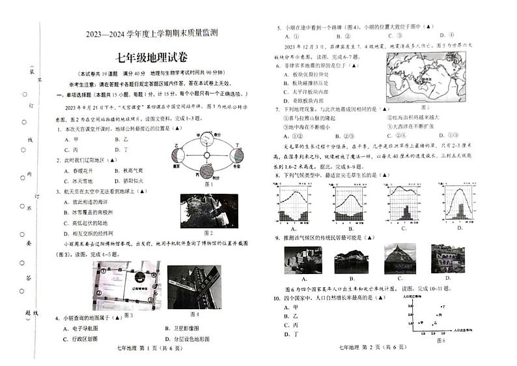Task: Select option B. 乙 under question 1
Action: coord(122,139)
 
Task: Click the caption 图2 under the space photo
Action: coord(208,232)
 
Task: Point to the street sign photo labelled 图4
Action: coord(194,286)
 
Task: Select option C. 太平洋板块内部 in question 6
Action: coord(306,92)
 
